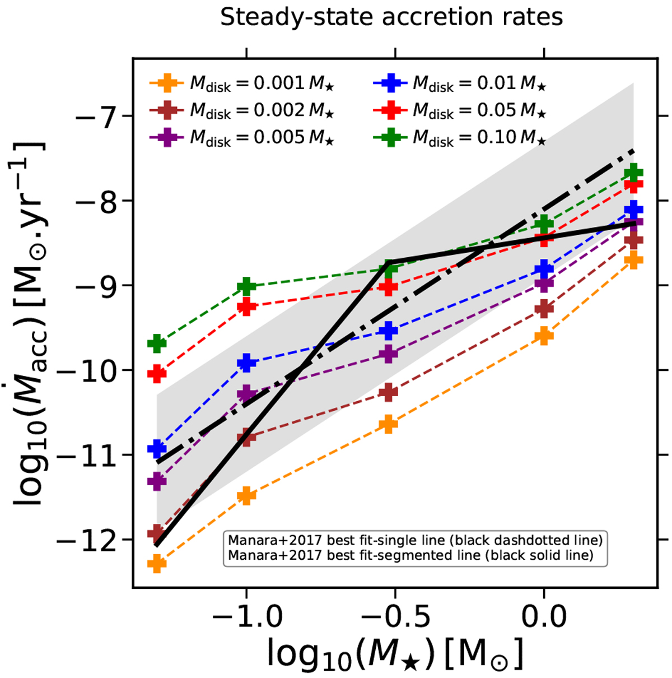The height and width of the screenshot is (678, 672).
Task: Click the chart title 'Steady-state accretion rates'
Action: (x=391, y=17)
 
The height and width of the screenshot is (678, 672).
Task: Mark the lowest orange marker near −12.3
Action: (x=157, y=563)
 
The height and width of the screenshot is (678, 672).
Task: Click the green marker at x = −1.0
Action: (x=246, y=286)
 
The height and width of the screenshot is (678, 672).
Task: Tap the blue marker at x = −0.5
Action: (x=388, y=331)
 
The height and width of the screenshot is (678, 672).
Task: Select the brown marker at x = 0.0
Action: (x=544, y=308)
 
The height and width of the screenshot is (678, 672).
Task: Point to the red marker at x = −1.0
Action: (x=246, y=307)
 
